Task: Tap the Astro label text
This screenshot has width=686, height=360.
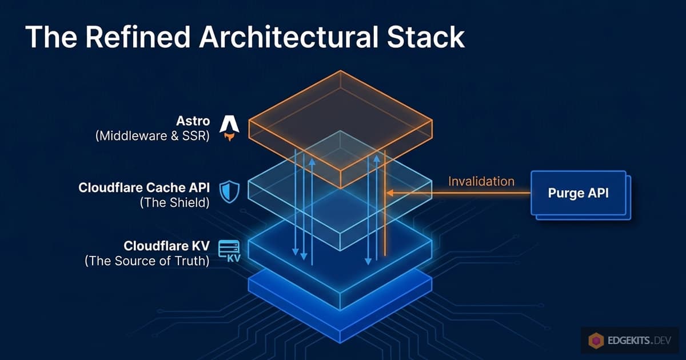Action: [x=194, y=122]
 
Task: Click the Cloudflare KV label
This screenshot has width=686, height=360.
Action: [x=167, y=246]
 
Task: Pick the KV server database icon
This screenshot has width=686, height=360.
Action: [x=229, y=251]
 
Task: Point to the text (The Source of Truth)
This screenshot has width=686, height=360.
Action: [x=147, y=262]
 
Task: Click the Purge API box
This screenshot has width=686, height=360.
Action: [x=579, y=193]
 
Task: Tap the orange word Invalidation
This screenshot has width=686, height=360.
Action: [x=481, y=182]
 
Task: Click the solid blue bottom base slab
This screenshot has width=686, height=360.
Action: [x=340, y=309]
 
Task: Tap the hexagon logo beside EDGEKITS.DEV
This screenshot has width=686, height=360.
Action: [x=596, y=342]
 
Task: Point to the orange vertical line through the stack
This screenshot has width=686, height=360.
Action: [x=385, y=229]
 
